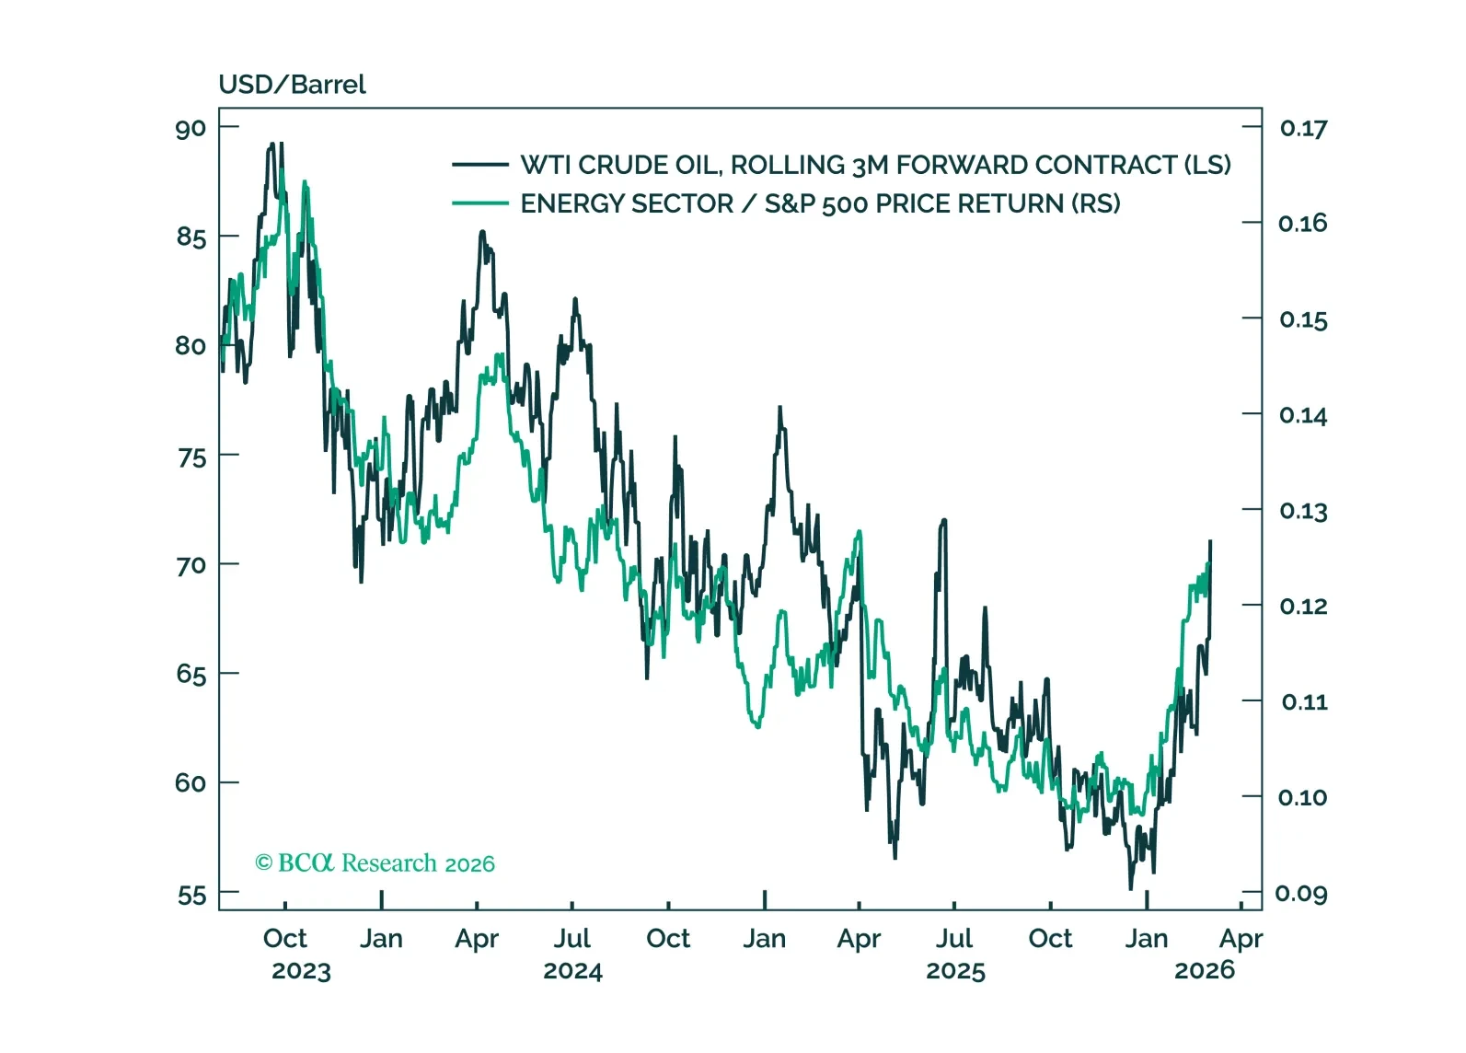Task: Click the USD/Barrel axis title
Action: [x=292, y=85]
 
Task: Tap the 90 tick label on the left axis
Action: [x=191, y=128]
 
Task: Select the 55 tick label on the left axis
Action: [x=191, y=895]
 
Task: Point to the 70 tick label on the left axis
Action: [x=191, y=565]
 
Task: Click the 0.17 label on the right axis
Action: [x=1303, y=128]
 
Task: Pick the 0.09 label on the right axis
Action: [x=1301, y=893]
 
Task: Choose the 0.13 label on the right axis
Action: [x=1303, y=511]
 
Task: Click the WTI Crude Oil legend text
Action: [x=875, y=165]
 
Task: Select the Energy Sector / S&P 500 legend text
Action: [x=820, y=203]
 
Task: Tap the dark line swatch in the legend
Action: [x=479, y=165]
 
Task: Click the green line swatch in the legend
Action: [x=479, y=203]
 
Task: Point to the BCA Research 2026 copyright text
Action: [x=375, y=863]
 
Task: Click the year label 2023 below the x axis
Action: [x=301, y=971]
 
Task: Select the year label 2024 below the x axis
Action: [x=572, y=971]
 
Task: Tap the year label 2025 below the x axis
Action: [x=955, y=971]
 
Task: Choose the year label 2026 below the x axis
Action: [x=1205, y=970]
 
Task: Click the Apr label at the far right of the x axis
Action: [x=1241, y=939]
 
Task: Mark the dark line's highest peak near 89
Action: [x=271, y=145]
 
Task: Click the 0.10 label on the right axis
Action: [x=1303, y=797]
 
